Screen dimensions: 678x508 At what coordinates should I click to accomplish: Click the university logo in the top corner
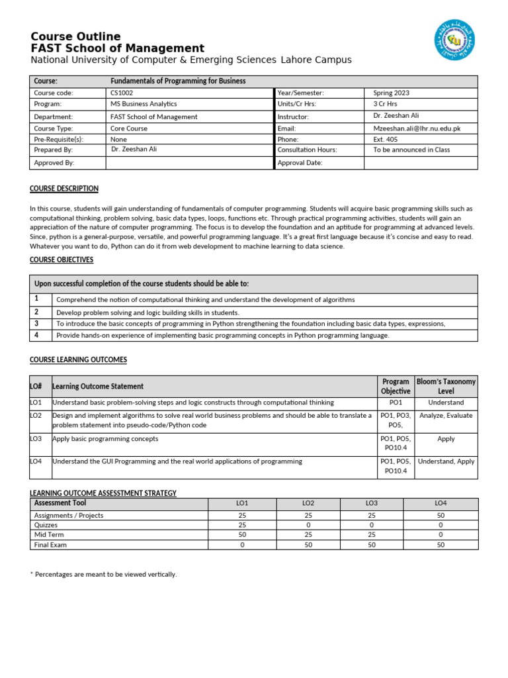tap(454, 39)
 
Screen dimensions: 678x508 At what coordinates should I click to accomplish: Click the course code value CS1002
tap(122, 93)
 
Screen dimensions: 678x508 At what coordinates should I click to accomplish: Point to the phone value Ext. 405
tap(386, 140)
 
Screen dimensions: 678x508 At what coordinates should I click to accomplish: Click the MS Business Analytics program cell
tap(144, 104)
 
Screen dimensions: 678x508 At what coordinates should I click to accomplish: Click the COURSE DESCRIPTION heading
tap(64, 189)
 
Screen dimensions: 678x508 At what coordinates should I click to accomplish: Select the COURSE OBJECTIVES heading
tap(62, 260)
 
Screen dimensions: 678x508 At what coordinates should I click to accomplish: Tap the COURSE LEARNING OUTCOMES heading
tap(78, 360)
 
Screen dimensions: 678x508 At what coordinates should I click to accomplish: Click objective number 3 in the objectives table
tap(37, 324)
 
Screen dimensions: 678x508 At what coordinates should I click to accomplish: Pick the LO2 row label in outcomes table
tap(36, 416)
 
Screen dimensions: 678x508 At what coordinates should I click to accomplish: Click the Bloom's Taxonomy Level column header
tap(446, 387)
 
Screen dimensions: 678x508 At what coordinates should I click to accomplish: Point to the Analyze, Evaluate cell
tap(446, 416)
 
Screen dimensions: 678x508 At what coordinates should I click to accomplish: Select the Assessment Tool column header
tap(60, 503)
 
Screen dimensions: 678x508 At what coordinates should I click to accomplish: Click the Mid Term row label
tap(48, 535)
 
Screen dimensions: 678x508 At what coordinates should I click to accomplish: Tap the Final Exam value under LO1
tap(242, 545)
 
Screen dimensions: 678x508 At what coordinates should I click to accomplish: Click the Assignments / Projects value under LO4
tap(441, 515)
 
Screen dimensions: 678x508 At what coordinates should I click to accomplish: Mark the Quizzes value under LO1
tap(242, 525)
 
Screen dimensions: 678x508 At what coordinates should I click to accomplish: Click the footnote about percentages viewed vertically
tap(104, 574)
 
